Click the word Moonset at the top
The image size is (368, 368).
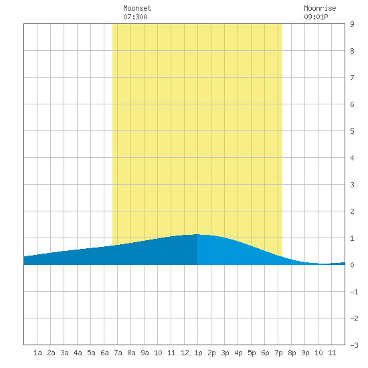tap(137, 8)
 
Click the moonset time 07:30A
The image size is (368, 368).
tap(135, 17)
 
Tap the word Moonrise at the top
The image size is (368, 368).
tap(320, 8)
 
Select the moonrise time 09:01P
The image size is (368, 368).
tap(316, 17)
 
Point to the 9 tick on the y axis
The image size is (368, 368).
tap(352, 24)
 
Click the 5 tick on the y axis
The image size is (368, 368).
tap(352, 131)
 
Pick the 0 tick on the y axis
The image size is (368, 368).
tap(352, 265)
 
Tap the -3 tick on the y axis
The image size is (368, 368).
tap(354, 345)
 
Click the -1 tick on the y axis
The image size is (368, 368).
tap(354, 292)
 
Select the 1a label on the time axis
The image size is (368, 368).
tap(37, 353)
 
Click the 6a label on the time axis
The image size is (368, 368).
tap(104, 353)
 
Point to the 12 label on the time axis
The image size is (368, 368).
tap(185, 353)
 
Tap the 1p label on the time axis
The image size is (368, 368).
tap(198, 353)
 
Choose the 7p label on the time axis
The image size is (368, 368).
tap(278, 353)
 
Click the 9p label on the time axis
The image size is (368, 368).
tap(305, 353)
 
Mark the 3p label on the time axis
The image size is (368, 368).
tap(225, 353)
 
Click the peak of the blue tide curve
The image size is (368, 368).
tap(197, 234)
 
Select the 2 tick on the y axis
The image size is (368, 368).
tap(352, 211)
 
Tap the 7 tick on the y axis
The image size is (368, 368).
tap(352, 78)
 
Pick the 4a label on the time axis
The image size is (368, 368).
tap(78, 353)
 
